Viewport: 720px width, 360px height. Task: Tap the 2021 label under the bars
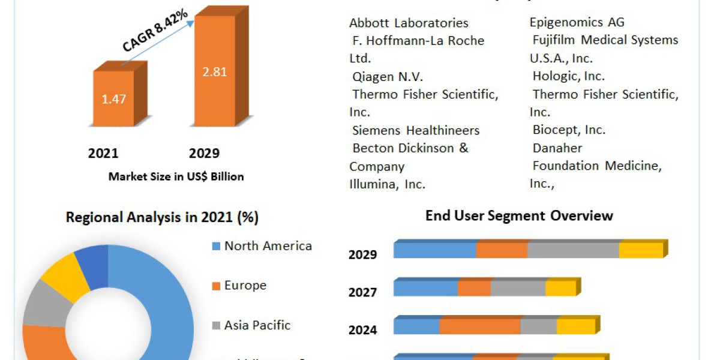(x=103, y=153)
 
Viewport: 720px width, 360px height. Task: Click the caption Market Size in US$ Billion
(x=176, y=177)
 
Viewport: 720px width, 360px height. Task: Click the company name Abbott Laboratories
(x=409, y=23)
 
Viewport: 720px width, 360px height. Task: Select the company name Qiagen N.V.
(x=380, y=77)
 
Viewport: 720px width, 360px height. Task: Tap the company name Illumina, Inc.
(x=387, y=184)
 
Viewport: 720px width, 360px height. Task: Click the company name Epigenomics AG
(x=577, y=23)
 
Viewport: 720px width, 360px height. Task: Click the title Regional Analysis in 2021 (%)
(x=162, y=217)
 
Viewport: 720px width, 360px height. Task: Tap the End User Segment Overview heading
(x=519, y=215)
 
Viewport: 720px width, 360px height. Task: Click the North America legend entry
(x=268, y=246)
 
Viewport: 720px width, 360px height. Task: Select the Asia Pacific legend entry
(x=257, y=325)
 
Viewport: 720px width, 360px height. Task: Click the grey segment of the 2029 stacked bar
(x=573, y=250)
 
